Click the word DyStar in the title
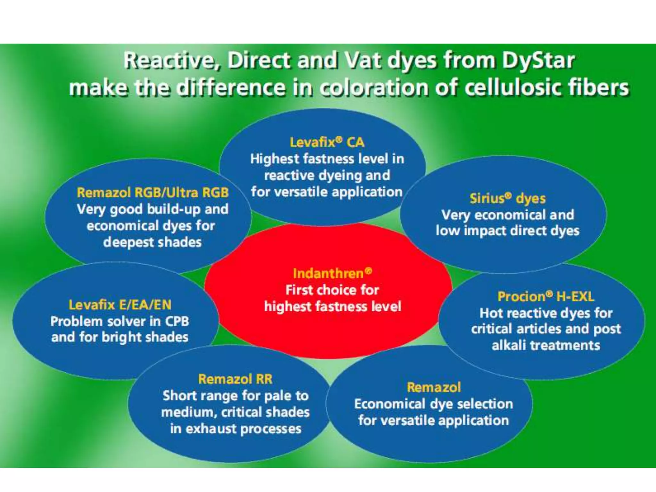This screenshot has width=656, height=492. (x=538, y=61)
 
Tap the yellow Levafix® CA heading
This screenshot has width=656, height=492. (x=327, y=142)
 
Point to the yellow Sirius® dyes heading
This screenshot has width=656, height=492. (x=508, y=199)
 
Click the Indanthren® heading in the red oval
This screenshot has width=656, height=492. (x=332, y=273)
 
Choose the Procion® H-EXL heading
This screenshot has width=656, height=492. (x=546, y=297)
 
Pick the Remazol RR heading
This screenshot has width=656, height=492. (x=235, y=379)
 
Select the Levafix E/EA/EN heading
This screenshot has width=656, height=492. (x=120, y=305)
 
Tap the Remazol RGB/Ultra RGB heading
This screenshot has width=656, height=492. (x=153, y=193)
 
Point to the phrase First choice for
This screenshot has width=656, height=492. (x=332, y=290)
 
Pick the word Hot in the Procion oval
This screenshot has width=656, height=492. (x=490, y=313)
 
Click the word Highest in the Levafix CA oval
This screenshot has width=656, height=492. (x=275, y=159)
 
